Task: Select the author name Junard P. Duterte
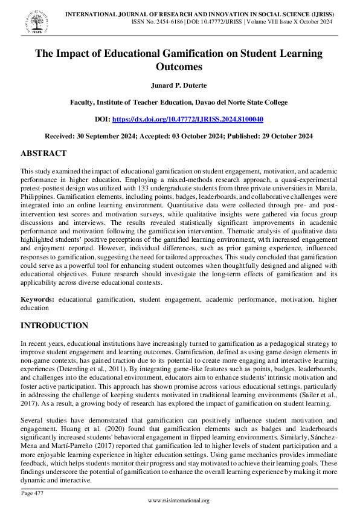(x=179, y=86)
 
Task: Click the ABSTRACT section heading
(x=43, y=154)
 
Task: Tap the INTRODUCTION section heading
(x=54, y=326)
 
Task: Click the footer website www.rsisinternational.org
(x=179, y=501)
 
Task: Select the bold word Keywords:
(x=37, y=299)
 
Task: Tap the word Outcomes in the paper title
(x=179, y=66)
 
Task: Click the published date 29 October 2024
(x=283, y=137)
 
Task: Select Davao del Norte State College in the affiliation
(x=237, y=103)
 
